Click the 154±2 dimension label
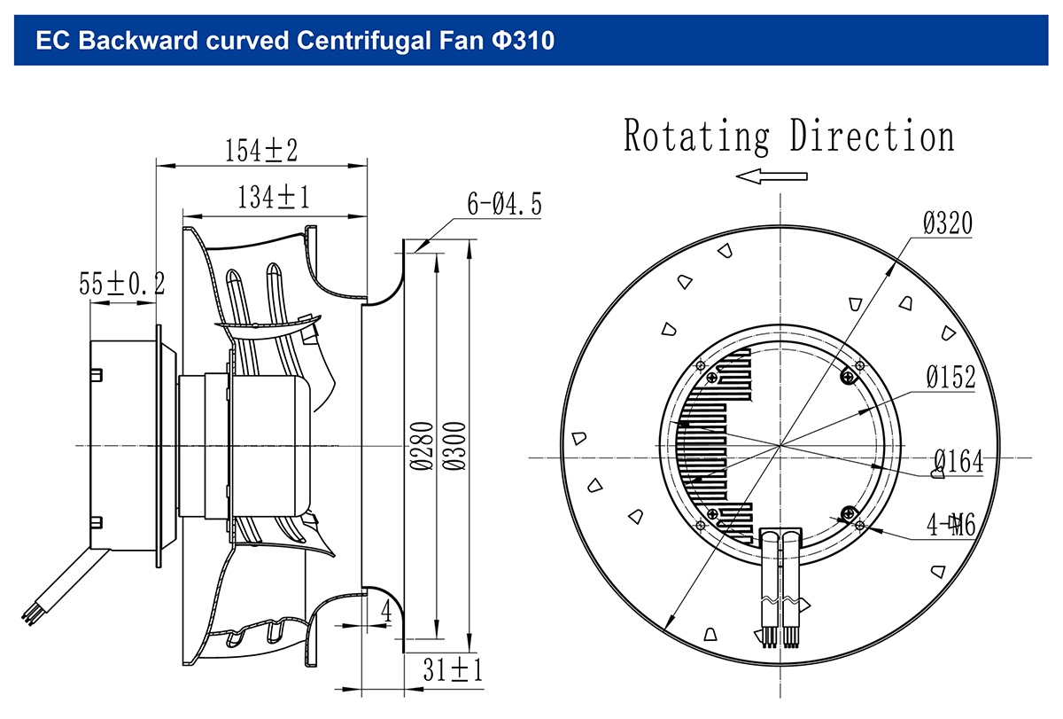[261, 151]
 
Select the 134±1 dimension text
[274, 198]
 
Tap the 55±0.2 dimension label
[122, 284]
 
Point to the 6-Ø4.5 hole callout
[504, 204]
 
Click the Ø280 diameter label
[422, 446]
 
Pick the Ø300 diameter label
[454, 446]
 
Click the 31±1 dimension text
[453, 670]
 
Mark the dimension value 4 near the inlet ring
[387, 611]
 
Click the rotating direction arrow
[772, 176]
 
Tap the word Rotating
[696, 137]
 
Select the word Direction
[873, 136]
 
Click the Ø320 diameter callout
[948, 223]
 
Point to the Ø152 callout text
[951, 378]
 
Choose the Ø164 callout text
[958, 461]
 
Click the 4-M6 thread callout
[951, 525]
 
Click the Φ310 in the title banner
[523, 41]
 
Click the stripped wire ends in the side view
[29, 618]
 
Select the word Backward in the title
[138, 41]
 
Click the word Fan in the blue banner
[462, 41]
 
